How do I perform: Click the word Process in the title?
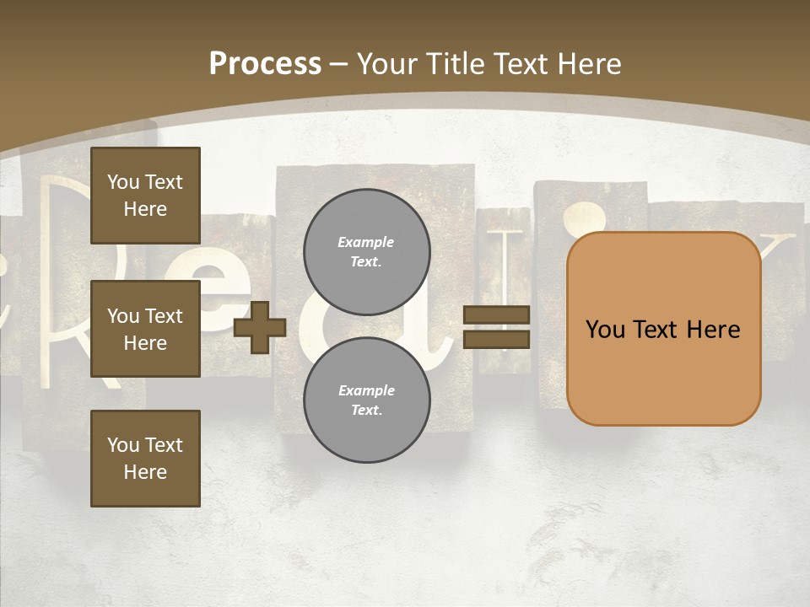265,64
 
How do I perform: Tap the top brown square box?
145,196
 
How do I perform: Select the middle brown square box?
145,329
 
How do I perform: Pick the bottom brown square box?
145,459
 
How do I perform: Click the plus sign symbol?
260,327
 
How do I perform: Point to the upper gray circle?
366,252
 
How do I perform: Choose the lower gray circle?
366,400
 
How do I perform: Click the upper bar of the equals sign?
496,315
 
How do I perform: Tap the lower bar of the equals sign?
496,339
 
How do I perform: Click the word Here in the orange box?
713,330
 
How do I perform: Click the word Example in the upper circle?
366,242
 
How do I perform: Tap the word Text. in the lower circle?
366,411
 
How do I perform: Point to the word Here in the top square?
145,209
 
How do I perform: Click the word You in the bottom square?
123,445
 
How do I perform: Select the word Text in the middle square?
164,316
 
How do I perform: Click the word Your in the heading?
390,64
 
